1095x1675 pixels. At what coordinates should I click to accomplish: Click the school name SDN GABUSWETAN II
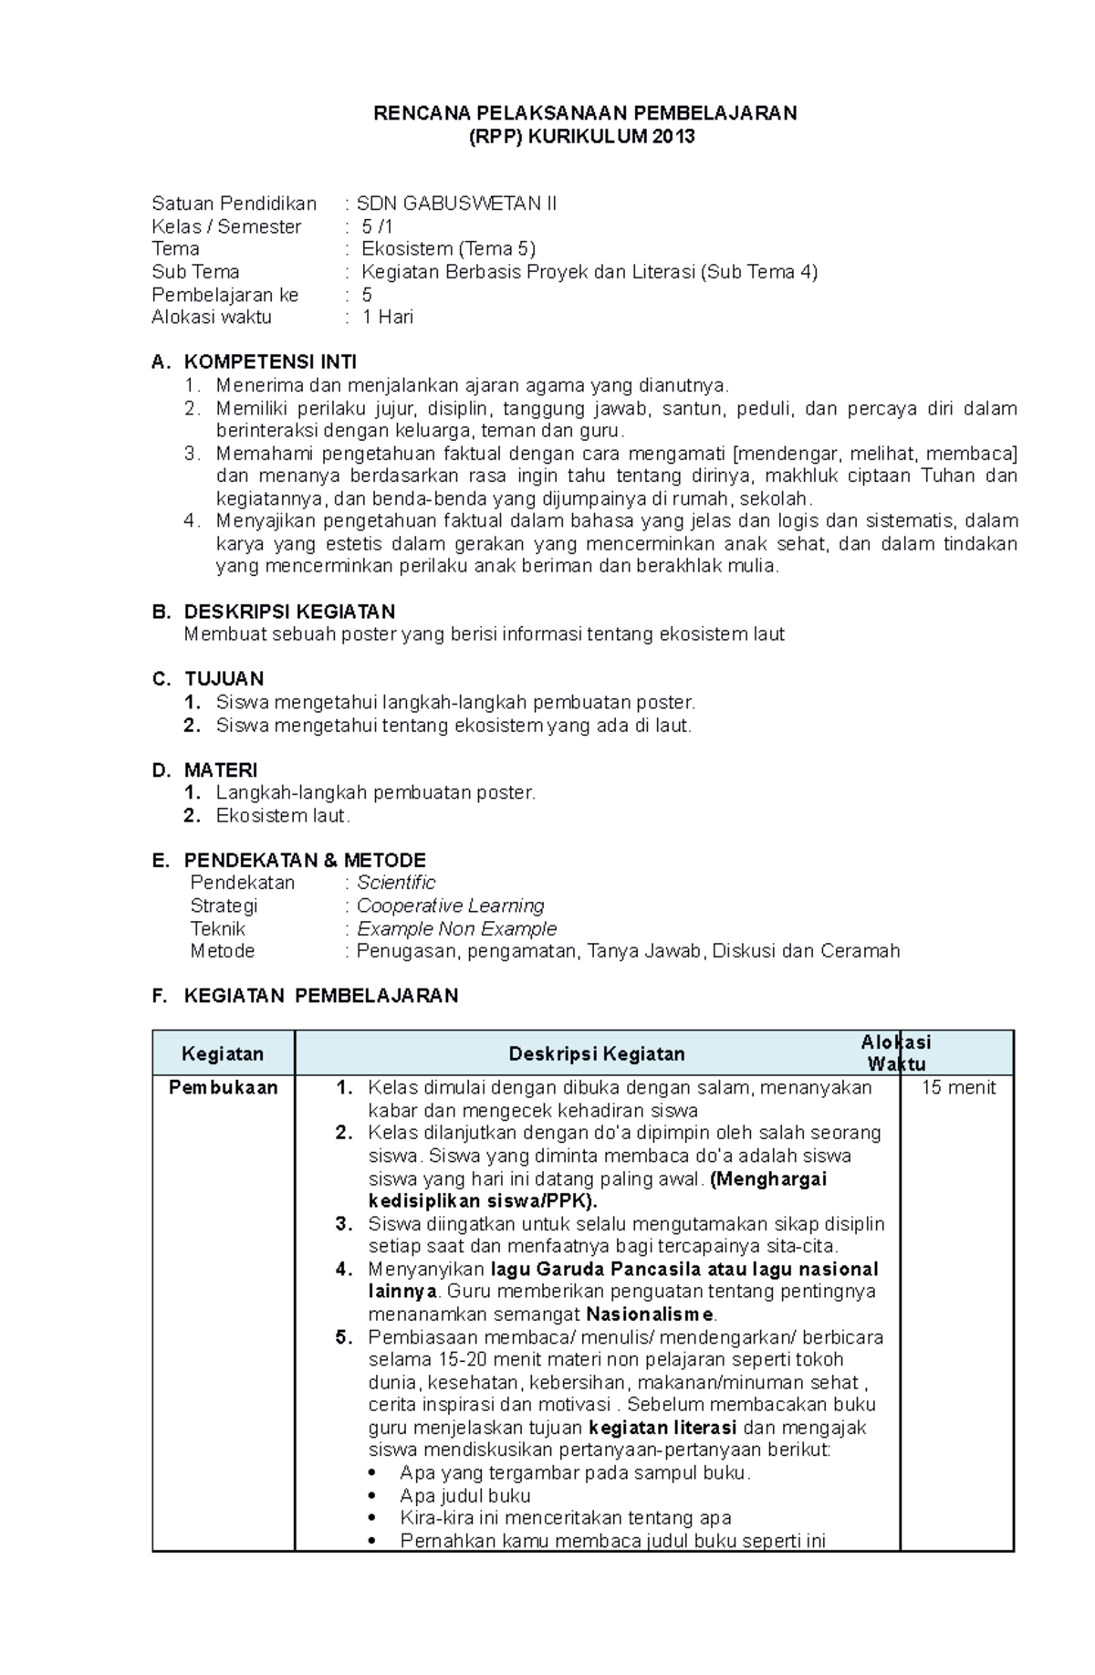456,204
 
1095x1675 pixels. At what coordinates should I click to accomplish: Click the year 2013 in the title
671,137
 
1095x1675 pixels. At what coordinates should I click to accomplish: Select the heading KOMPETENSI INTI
270,362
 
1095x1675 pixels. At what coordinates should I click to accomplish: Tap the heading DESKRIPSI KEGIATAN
289,612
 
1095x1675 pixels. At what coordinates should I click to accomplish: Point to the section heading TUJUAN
224,679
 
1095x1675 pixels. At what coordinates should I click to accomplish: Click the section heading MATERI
221,770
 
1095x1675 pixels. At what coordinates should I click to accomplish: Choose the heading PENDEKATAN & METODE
305,861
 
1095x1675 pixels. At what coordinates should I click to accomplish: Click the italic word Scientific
396,883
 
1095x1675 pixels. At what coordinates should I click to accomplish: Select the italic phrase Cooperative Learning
451,906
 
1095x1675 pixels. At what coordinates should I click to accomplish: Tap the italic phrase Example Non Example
456,928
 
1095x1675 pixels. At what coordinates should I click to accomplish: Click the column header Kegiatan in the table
223,1054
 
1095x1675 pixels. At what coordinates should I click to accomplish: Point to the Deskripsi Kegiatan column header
597,1054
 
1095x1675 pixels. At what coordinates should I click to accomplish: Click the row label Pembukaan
223,1088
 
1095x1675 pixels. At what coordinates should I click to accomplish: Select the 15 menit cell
958,1088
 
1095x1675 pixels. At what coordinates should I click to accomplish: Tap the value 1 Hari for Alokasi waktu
388,317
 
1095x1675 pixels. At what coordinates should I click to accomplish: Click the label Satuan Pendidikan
234,204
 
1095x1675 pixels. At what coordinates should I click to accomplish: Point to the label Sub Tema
195,272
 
